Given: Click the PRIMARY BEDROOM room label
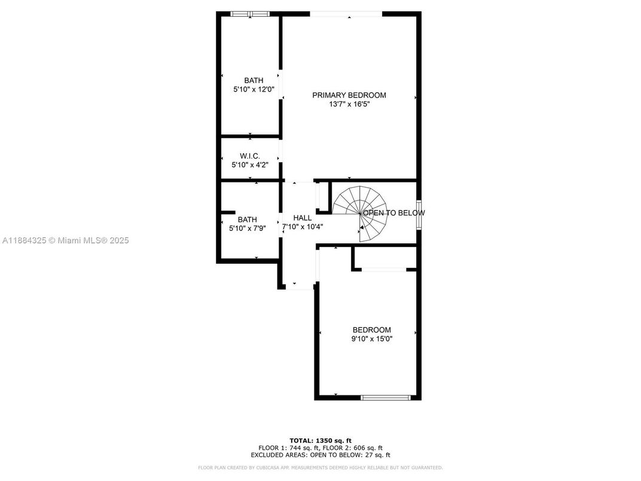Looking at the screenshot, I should (x=349, y=95).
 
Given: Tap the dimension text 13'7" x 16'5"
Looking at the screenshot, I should (x=349, y=104).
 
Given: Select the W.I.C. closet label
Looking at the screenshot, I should (x=250, y=156).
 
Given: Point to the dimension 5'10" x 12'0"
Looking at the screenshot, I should (x=254, y=89).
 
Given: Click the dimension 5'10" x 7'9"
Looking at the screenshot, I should (x=247, y=228).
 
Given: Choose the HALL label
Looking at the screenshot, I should (x=302, y=218).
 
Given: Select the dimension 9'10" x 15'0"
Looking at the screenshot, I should (x=372, y=339).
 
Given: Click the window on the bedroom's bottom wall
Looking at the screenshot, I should (x=386, y=397).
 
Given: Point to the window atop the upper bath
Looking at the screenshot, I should (x=250, y=14).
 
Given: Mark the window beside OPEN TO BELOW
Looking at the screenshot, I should (x=419, y=214).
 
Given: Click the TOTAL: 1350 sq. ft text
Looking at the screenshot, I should (x=320, y=440).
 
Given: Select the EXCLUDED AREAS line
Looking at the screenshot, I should (x=320, y=455).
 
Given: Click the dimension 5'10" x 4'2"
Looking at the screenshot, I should (x=250, y=165).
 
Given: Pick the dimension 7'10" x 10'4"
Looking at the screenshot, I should (x=303, y=227).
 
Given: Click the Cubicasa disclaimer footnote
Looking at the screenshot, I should (x=320, y=467).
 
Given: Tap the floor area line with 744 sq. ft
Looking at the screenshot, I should (x=320, y=448).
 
